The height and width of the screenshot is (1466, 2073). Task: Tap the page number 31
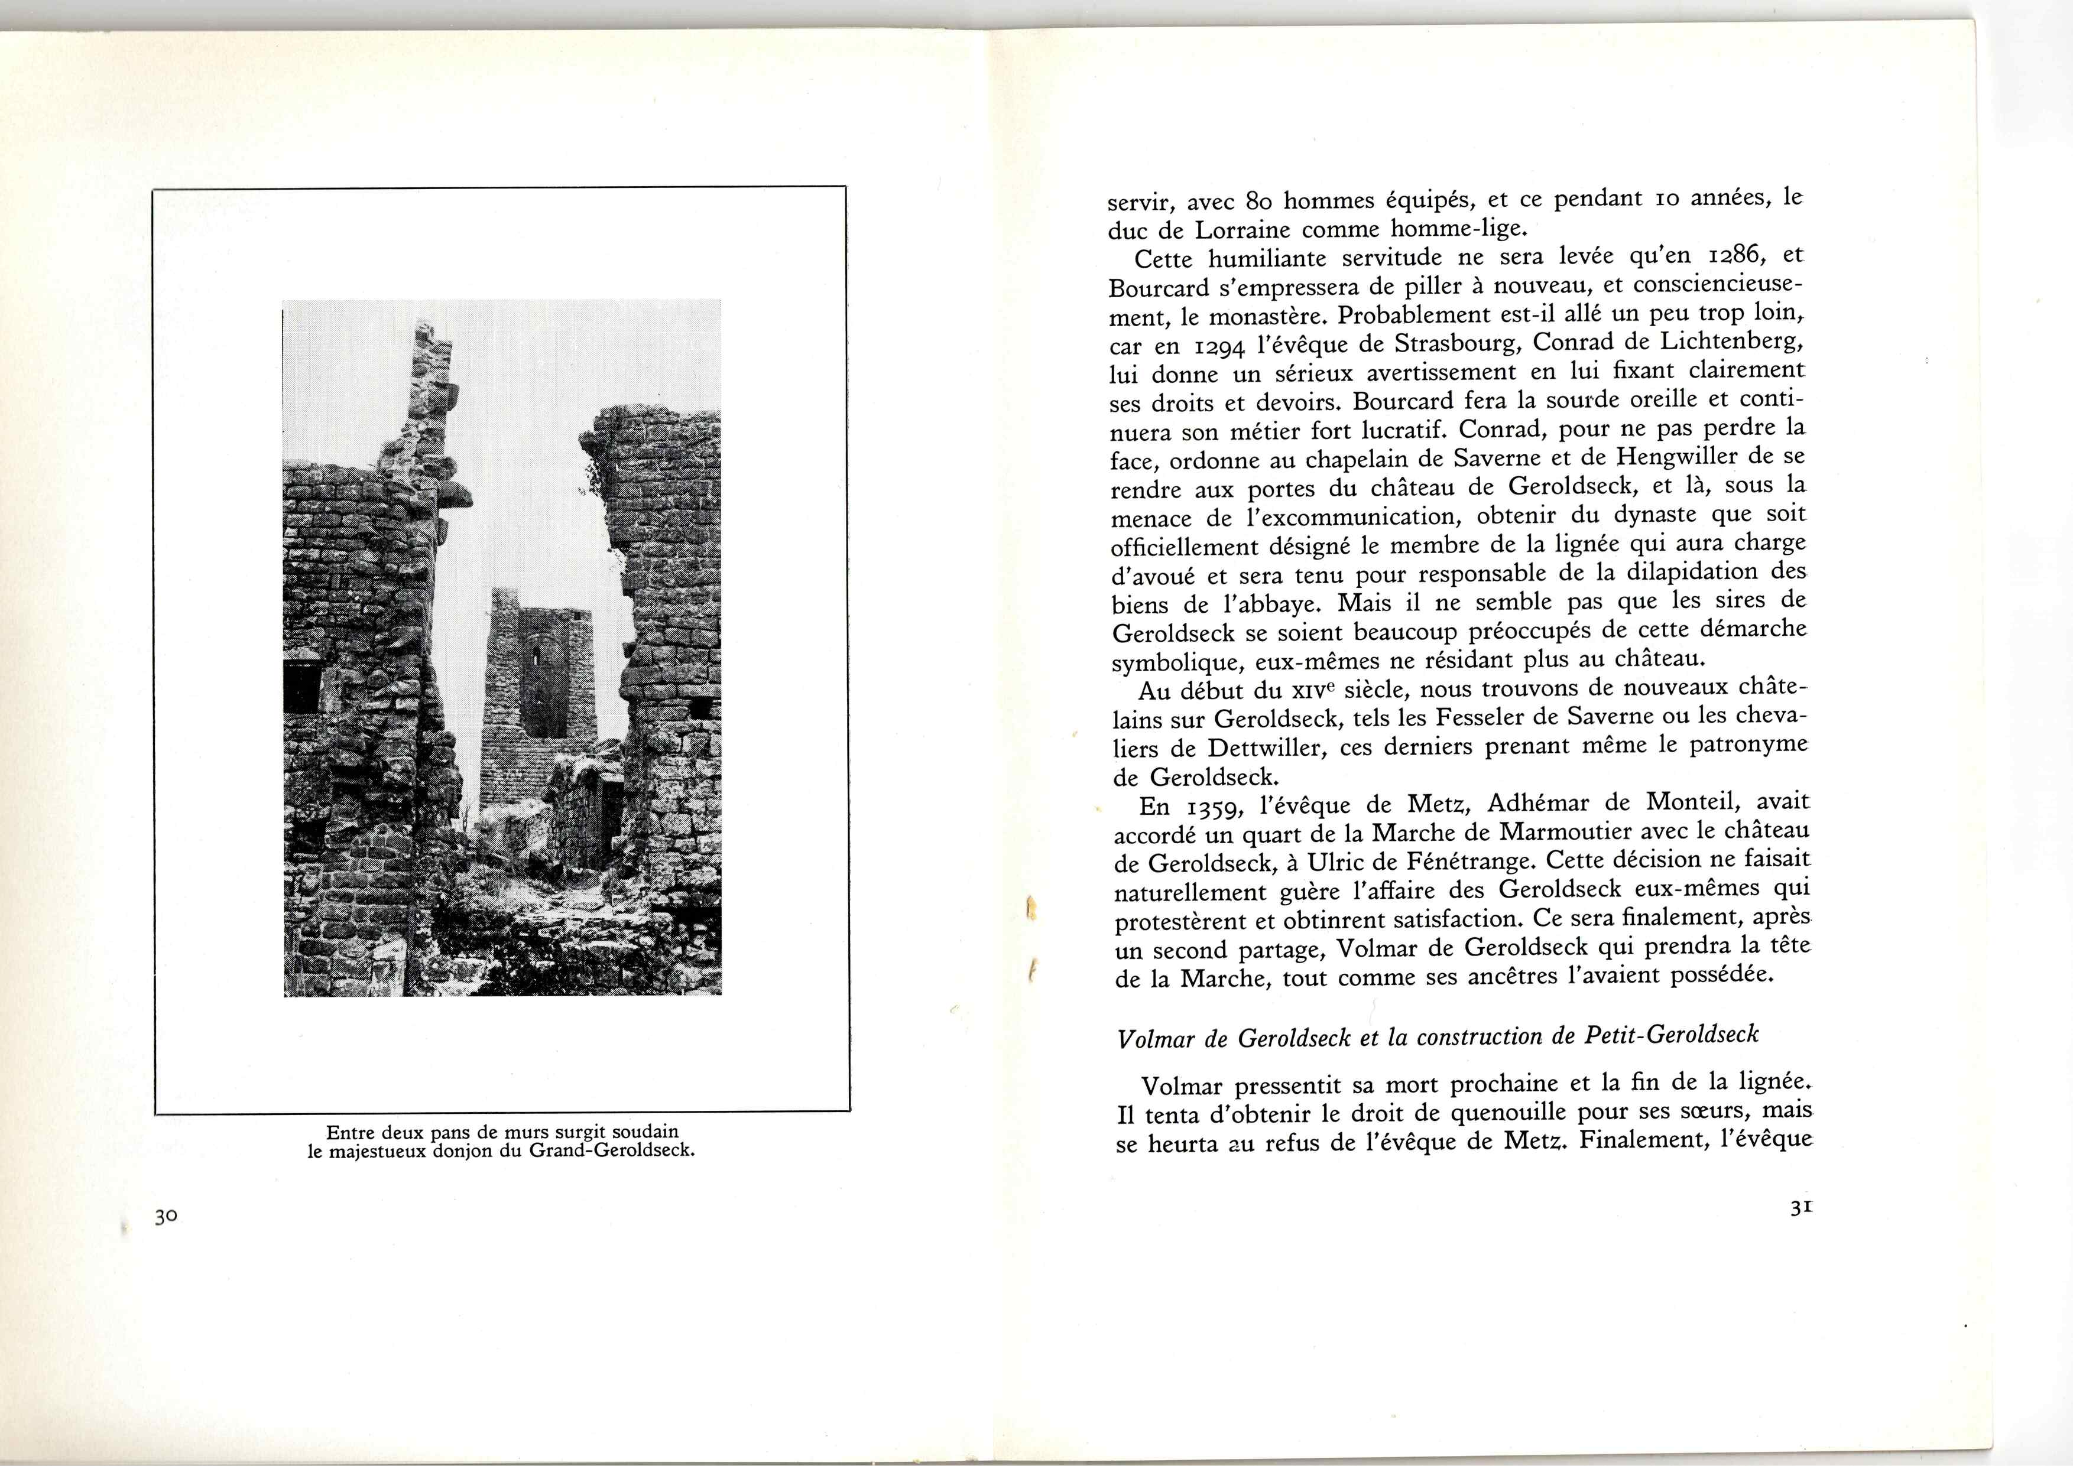pyautogui.click(x=1802, y=1208)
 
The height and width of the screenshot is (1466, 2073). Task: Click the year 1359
pyautogui.click(x=1211, y=806)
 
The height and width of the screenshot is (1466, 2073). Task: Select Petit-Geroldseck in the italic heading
pyautogui.click(x=1671, y=1035)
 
